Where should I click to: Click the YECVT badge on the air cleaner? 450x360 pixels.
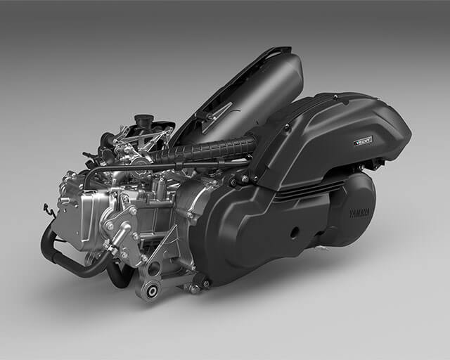364,141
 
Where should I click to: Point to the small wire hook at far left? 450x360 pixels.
47,209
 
